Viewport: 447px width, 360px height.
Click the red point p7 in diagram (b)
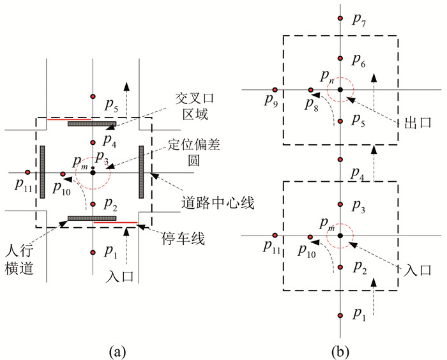(341, 19)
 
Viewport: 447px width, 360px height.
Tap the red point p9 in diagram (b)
(275, 90)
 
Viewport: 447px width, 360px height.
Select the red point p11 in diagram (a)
(27, 172)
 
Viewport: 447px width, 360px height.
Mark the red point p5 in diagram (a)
(93, 96)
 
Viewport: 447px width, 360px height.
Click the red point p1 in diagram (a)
(93, 252)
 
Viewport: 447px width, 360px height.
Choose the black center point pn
(340, 90)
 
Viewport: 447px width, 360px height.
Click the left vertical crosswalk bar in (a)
(42, 172)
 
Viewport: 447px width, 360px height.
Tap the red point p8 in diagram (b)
(311, 90)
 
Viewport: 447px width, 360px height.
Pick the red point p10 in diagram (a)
(63, 173)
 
